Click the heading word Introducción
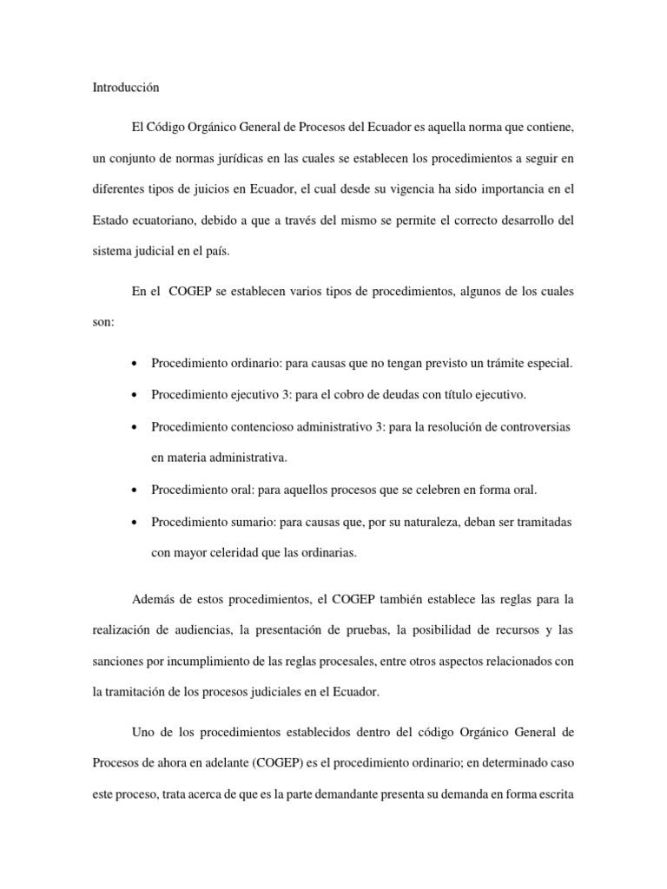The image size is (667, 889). [x=125, y=88]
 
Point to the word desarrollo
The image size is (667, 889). [x=518, y=221]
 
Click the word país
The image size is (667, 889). [x=221, y=251]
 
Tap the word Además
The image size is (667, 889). [x=155, y=599]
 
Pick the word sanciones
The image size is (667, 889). [x=117, y=661]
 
